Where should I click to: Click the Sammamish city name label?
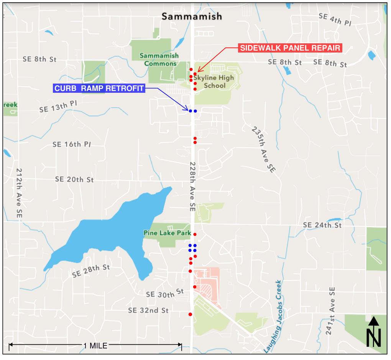[x=192, y=16]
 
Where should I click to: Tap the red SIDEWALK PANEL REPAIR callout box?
[x=290, y=48]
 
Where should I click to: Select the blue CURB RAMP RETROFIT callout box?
[x=99, y=89]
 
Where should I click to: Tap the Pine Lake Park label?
[x=167, y=233]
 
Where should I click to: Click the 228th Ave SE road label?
[x=192, y=186]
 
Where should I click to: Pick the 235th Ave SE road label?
[x=264, y=149]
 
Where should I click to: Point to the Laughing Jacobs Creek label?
[x=273, y=316]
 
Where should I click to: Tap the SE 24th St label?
[x=322, y=225]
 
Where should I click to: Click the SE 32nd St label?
[x=148, y=310]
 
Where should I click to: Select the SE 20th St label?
[x=74, y=179]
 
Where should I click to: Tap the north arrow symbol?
[x=374, y=332]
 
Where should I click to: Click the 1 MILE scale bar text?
[x=95, y=345]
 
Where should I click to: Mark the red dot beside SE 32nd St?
[x=191, y=314]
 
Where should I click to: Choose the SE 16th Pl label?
[x=72, y=145]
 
